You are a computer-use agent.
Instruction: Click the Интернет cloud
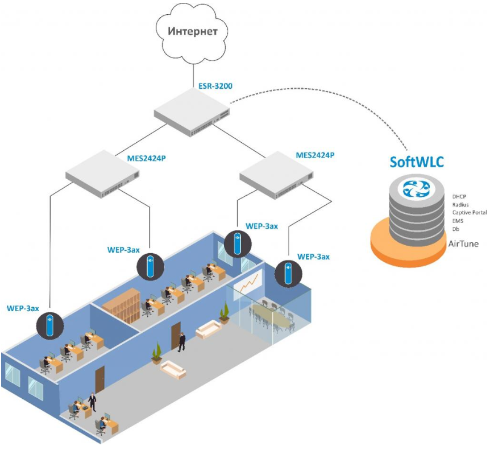pos(193,31)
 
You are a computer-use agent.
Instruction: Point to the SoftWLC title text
pos(417,162)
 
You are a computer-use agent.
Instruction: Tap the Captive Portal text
pos(469,212)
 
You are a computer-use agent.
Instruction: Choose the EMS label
pos(458,221)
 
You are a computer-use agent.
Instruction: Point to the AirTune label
pos(463,244)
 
